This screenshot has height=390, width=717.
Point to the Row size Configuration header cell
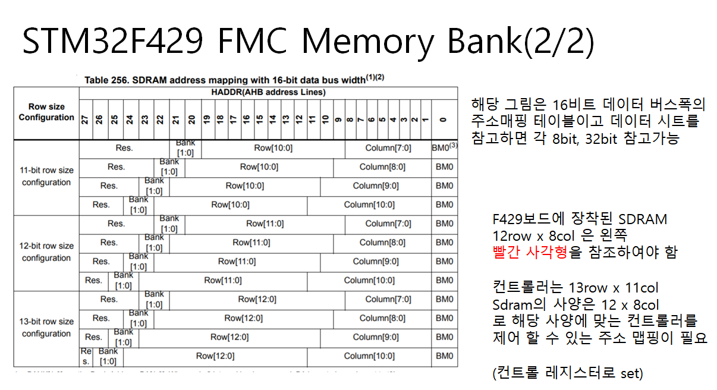click(x=46, y=112)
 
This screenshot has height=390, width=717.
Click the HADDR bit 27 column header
click(x=86, y=119)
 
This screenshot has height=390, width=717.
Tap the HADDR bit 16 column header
click(x=246, y=119)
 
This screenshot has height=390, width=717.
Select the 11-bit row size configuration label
click(x=46, y=176)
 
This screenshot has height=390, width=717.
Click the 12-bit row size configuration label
click(x=46, y=251)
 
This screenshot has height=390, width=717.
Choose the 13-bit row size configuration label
click(x=46, y=328)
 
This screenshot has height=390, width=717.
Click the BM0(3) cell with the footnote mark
click(x=444, y=147)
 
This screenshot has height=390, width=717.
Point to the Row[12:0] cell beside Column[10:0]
click(x=215, y=356)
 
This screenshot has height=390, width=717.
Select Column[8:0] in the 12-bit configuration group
click(x=382, y=243)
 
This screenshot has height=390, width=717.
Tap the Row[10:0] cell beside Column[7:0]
click(x=273, y=147)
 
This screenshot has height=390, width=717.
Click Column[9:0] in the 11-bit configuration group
click(x=376, y=185)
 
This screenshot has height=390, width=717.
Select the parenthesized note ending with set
click(x=568, y=374)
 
